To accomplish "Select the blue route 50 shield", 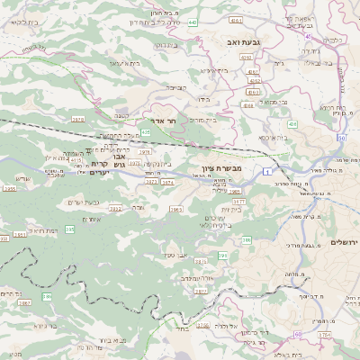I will [x=342, y=138].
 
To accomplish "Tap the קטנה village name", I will [x=121, y=115].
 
